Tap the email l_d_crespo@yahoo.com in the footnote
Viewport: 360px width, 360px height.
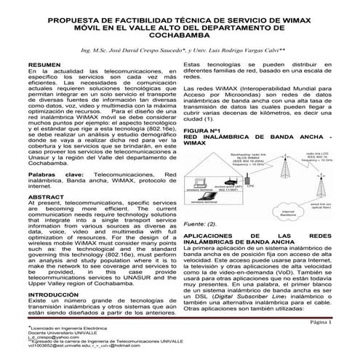pos(51,338)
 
